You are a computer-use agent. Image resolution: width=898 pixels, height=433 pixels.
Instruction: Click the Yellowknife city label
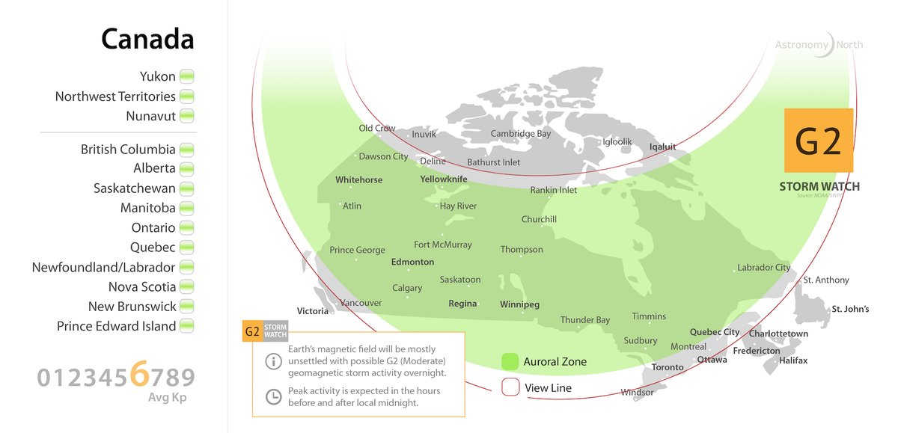(444, 179)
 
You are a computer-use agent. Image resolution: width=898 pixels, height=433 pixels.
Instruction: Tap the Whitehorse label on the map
(358, 180)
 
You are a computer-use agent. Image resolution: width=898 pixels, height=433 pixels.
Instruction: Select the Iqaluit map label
(662, 147)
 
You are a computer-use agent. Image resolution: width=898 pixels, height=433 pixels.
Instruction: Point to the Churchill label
(539, 219)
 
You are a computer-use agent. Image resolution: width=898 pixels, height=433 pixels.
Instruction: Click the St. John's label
(850, 309)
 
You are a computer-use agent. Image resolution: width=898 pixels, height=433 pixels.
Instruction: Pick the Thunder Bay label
(585, 320)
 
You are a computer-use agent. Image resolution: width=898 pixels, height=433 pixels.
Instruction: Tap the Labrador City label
(763, 267)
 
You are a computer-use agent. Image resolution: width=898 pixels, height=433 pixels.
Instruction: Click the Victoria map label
(313, 310)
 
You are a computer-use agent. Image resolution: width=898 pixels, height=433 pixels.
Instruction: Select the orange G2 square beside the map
(818, 141)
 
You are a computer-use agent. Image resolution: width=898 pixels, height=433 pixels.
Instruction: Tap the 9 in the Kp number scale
(186, 378)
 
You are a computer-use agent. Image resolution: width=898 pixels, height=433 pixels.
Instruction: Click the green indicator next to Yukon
(187, 77)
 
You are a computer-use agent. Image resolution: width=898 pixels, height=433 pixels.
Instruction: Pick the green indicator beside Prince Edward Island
(187, 326)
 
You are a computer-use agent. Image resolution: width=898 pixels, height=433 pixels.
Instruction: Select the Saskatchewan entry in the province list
(135, 188)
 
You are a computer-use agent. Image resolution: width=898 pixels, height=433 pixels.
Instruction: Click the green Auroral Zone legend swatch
(510, 362)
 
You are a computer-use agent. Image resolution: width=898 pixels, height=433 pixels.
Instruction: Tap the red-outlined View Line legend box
(510, 387)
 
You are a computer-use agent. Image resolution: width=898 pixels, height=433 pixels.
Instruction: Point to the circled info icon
(274, 360)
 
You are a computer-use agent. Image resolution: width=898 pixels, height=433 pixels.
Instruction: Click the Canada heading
(147, 40)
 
